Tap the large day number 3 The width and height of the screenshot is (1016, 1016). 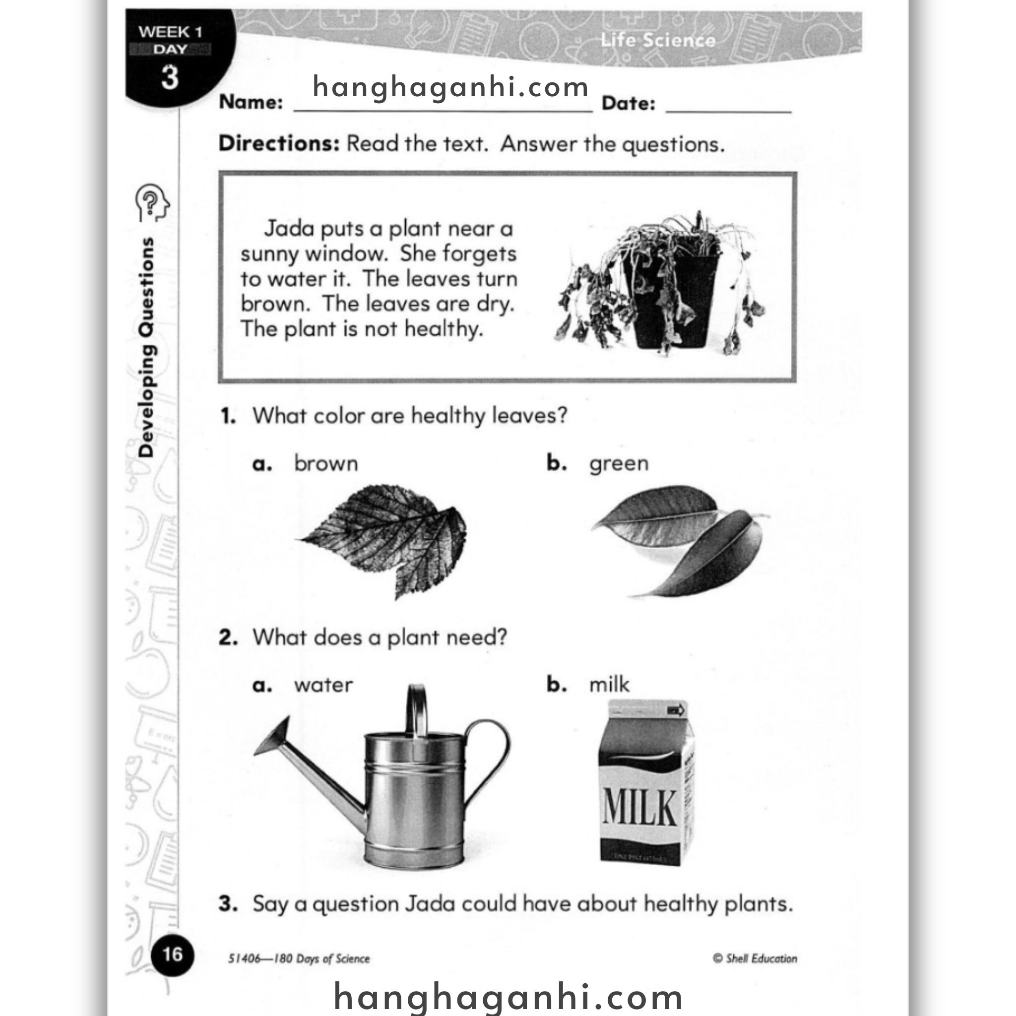[x=169, y=77]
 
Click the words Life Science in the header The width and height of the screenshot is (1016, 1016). [x=658, y=41]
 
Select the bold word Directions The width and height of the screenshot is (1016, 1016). [x=279, y=143]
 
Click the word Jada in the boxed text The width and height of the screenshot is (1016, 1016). [x=289, y=229]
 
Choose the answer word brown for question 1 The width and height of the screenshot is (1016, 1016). [x=325, y=463]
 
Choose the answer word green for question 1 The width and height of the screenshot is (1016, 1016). [x=619, y=464]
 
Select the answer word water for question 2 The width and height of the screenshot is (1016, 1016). [x=323, y=685]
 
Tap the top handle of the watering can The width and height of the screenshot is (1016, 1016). [x=417, y=710]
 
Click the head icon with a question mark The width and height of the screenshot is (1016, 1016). [x=152, y=202]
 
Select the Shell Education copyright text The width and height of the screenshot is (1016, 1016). [x=755, y=958]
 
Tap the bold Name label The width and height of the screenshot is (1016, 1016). [x=251, y=102]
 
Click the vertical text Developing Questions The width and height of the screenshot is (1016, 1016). [x=146, y=347]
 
